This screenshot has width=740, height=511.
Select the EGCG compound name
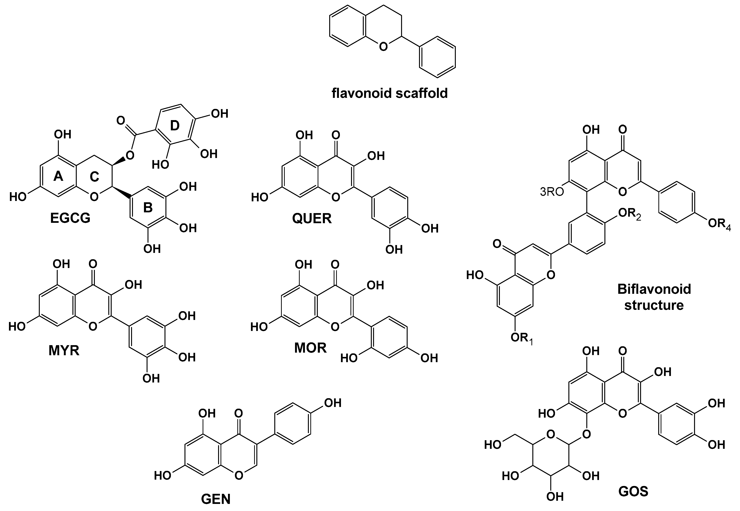pyautogui.click(x=70, y=218)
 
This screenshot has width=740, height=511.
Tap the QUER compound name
pyautogui.click(x=312, y=219)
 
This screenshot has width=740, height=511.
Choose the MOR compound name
pyautogui.click(x=311, y=348)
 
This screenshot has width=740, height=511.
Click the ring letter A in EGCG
pyautogui.click(x=58, y=176)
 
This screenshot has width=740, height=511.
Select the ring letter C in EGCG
pyautogui.click(x=94, y=176)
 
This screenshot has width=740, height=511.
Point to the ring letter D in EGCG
pyautogui.click(x=175, y=126)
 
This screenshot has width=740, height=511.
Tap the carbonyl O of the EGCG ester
pyautogui.click(x=121, y=121)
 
